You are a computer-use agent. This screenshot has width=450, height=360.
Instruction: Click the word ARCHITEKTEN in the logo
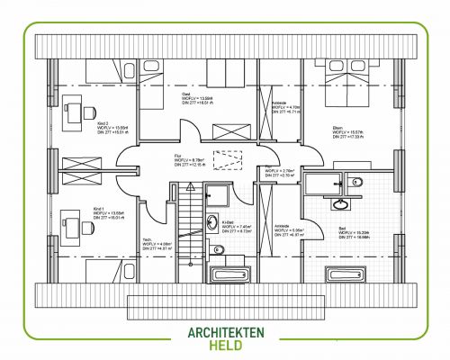point(226,332)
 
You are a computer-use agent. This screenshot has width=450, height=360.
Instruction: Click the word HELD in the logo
point(226,346)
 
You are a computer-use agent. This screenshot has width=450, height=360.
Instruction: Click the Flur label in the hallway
point(178,156)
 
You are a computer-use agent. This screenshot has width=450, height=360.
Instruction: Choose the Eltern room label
point(337,127)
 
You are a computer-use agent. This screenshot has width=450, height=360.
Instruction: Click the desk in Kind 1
point(70,221)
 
